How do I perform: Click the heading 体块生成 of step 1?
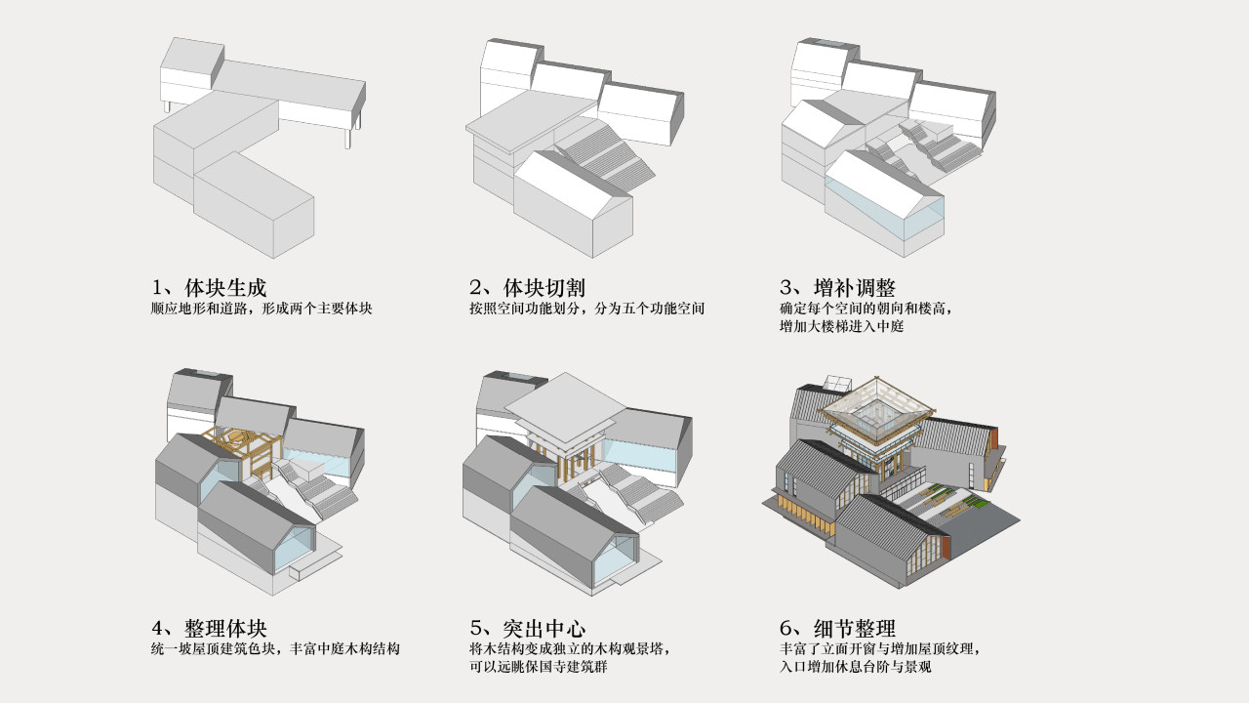[x=225, y=288]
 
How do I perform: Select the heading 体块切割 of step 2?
[x=544, y=288]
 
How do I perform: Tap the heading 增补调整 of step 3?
[x=854, y=288]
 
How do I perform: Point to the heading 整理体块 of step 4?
[x=225, y=629]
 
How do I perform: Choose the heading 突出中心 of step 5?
[x=544, y=629]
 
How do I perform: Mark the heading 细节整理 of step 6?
[x=854, y=629]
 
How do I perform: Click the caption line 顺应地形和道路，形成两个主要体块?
[x=262, y=309]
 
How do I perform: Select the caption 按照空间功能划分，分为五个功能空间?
[x=587, y=309]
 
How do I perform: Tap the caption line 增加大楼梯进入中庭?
[x=841, y=326]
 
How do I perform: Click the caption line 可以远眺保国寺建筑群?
[x=538, y=667]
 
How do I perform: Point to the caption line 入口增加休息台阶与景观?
[x=856, y=667]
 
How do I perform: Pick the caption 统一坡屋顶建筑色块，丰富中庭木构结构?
[x=275, y=649]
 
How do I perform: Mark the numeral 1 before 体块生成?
[x=157, y=288]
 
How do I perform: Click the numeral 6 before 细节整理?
[x=786, y=629]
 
